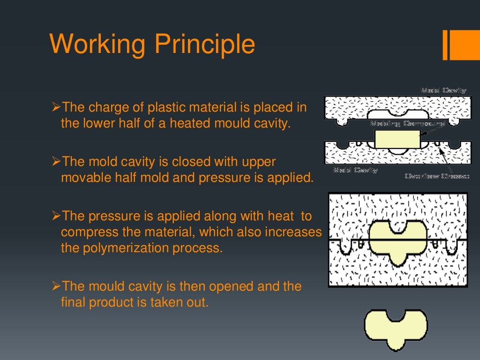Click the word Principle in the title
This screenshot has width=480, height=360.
click(205, 45)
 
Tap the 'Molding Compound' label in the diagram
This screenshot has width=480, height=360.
click(407, 124)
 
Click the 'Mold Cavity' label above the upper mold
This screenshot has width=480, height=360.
click(443, 90)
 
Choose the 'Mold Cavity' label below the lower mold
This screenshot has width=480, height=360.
click(355, 170)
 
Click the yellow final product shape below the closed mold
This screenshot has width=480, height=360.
click(396, 328)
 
